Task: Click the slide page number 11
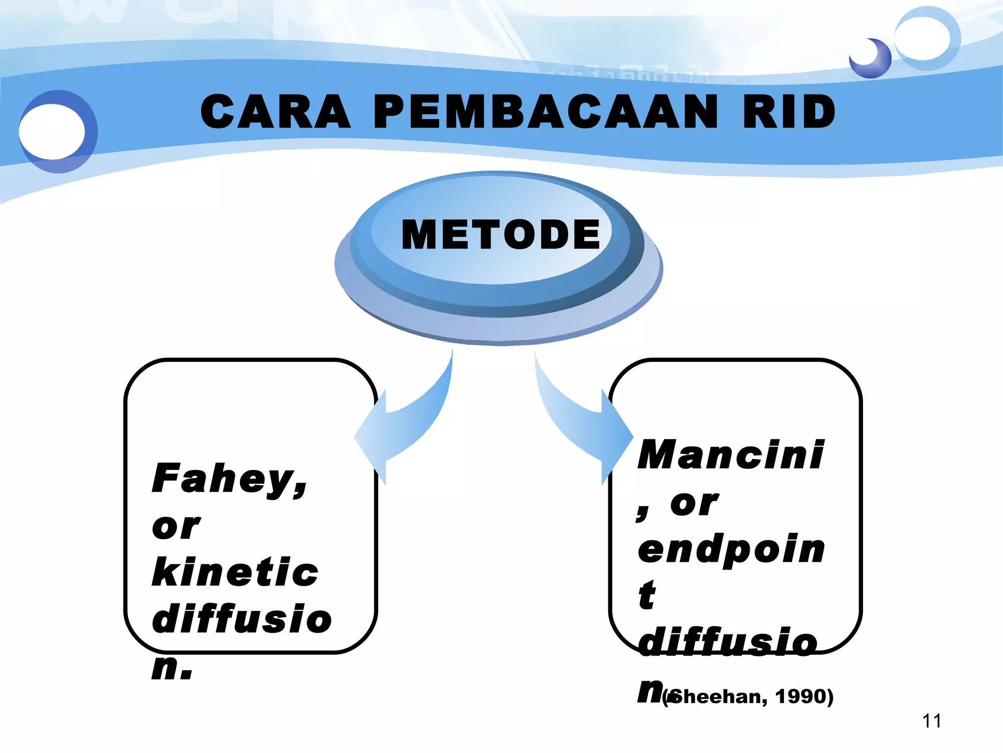click(x=931, y=721)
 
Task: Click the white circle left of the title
click(x=52, y=131)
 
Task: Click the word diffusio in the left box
click(x=242, y=619)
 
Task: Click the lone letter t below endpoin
click(x=647, y=595)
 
